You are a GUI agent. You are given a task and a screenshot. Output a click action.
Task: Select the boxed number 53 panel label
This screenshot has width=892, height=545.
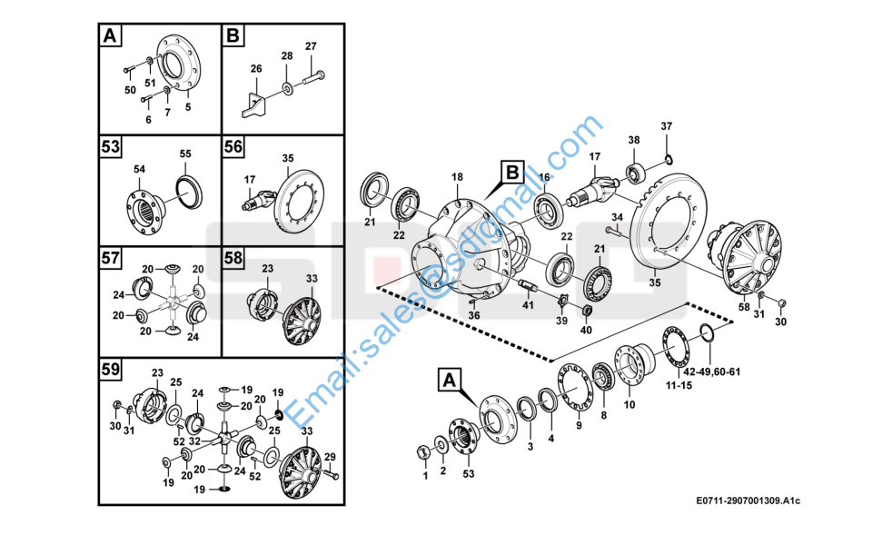coord(111,146)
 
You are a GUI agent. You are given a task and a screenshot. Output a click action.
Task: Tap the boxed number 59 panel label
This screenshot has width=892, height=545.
coord(111,370)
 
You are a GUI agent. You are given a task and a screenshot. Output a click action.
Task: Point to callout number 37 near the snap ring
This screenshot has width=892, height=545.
coord(666,125)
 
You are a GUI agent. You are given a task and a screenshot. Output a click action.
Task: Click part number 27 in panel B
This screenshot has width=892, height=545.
coord(311,46)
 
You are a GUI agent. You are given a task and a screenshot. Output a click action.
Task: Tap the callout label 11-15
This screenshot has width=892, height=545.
coord(679,387)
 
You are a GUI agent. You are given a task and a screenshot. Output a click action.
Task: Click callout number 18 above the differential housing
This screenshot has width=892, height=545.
coord(457,176)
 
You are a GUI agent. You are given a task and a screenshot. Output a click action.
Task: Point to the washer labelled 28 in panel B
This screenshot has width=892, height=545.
coord(288,88)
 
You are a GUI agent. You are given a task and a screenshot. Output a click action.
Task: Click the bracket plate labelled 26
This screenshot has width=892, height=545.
coord(254,103)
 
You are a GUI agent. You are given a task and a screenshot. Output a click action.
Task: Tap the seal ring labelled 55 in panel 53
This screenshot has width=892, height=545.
coord(188,187)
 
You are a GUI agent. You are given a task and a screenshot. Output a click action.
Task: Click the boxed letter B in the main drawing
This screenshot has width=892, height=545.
coord(512,171)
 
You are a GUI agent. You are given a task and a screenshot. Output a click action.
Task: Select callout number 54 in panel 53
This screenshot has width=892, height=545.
coord(139,169)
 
